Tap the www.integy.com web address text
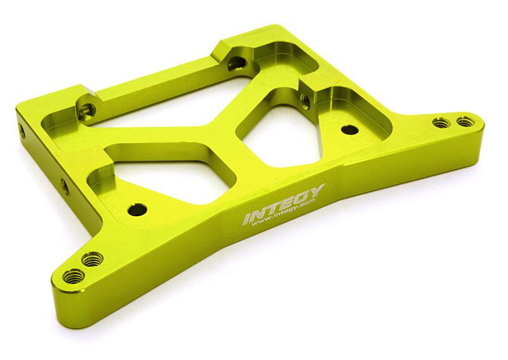(280, 217)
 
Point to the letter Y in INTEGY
(317, 190)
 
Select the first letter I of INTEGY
(247, 220)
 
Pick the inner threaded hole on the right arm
(438, 122)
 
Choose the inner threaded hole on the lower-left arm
(93, 258)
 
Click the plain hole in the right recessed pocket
(347, 129)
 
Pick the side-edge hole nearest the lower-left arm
(63, 185)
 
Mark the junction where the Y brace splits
(229, 130)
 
